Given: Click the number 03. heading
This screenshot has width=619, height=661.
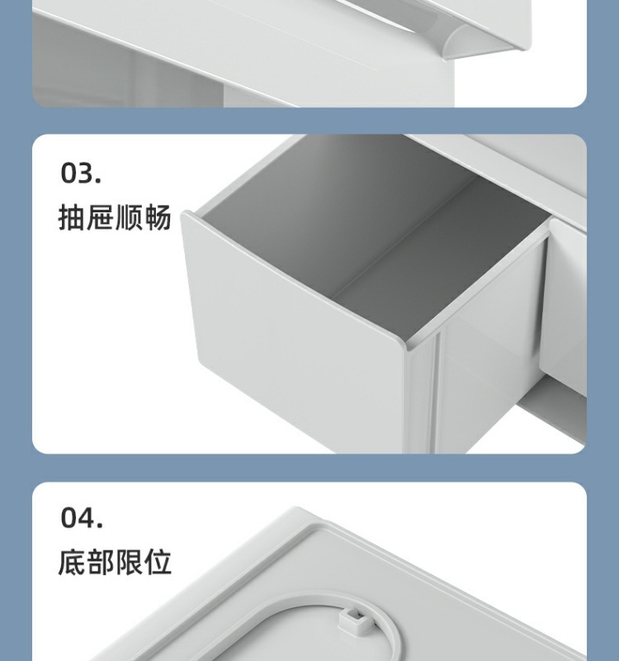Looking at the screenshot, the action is coord(81,173).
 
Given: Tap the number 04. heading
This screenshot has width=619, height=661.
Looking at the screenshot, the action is coord(82,517).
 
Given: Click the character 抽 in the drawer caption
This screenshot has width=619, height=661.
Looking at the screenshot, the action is coord(72,217).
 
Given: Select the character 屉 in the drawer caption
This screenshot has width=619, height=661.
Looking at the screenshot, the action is coord(100,217).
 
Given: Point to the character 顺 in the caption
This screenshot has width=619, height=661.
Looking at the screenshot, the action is coord(129,217).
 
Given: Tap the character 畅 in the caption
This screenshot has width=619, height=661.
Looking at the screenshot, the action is coord(158,217).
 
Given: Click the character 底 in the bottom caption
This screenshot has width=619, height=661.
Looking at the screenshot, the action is coord(72,562).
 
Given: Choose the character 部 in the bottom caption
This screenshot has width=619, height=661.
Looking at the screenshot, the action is coord(100,562).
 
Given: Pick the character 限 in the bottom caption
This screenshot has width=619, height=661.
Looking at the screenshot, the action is coord(129,562).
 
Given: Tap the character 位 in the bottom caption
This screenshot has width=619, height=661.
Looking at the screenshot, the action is coord(158,562).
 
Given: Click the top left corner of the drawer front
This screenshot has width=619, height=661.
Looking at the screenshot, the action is coord(185,213).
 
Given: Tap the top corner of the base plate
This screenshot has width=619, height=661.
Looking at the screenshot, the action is coord(297,508).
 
